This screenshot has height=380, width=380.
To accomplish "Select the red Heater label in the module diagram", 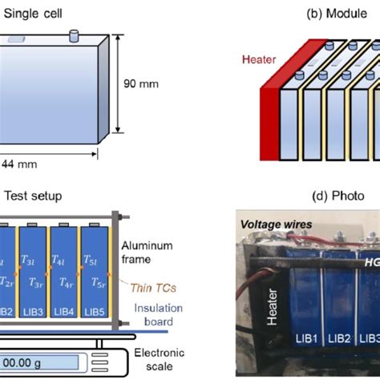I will (x=259, y=60).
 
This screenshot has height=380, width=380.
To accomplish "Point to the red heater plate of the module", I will (x=271, y=112).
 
